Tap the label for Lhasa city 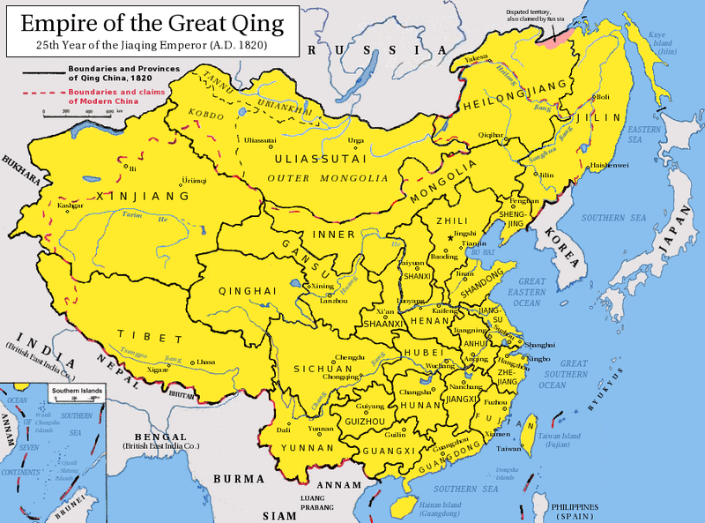click(x=206, y=362)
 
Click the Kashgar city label click(x=70, y=205)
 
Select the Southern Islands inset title click(x=76, y=390)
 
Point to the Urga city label click(x=356, y=140)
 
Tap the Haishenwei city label click(x=609, y=165)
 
